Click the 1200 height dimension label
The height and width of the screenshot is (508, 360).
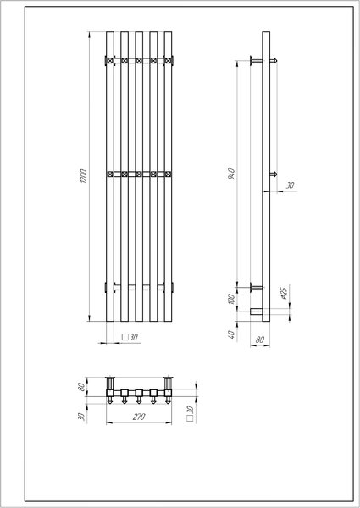click(83, 175)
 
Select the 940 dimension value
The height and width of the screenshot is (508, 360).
click(231, 174)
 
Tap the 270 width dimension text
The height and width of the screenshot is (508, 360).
click(139, 417)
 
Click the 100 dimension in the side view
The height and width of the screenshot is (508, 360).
click(230, 298)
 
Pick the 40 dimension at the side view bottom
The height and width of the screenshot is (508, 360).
click(232, 334)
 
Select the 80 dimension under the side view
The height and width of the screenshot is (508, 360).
click(259, 340)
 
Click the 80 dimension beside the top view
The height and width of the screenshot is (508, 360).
click(81, 387)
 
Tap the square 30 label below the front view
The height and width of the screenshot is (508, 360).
click(130, 337)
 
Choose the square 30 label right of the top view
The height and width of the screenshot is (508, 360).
click(191, 414)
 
